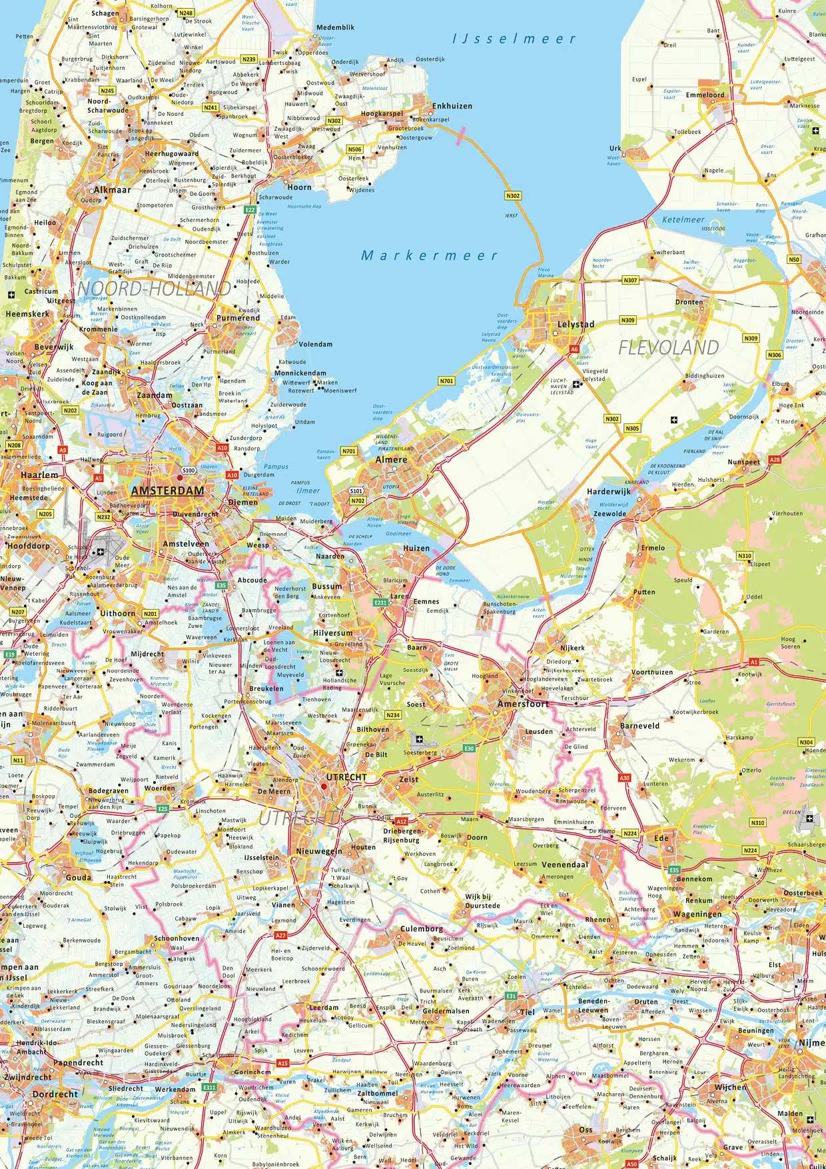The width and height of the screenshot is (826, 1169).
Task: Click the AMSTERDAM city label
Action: point(167,491)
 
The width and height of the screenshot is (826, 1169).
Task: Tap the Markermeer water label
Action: point(429,255)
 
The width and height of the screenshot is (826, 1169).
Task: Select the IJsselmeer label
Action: point(514,39)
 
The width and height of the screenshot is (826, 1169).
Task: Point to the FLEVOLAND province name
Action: point(668,347)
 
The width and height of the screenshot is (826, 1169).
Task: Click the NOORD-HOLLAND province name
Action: point(155,289)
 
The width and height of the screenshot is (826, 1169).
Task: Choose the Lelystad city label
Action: point(576,325)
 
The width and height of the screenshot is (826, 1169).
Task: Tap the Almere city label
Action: point(391,459)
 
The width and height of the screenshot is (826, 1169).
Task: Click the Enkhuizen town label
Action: point(452,106)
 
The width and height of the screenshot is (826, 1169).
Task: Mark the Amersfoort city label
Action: point(523,704)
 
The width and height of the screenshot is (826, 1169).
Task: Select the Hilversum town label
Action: point(332,633)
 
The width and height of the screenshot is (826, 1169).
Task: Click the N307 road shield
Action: point(630,281)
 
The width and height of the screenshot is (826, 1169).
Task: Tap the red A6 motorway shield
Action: point(574,349)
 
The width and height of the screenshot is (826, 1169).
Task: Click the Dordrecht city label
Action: point(55,1094)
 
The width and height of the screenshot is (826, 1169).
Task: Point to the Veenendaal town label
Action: point(565,864)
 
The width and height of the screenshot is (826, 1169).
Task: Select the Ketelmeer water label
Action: point(683,219)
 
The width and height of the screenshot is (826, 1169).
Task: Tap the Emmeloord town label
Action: point(705,95)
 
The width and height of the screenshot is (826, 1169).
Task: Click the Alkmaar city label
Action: point(112,190)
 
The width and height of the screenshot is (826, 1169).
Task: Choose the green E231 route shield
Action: point(380,602)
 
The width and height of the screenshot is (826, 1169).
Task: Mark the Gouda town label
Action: point(79,878)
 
